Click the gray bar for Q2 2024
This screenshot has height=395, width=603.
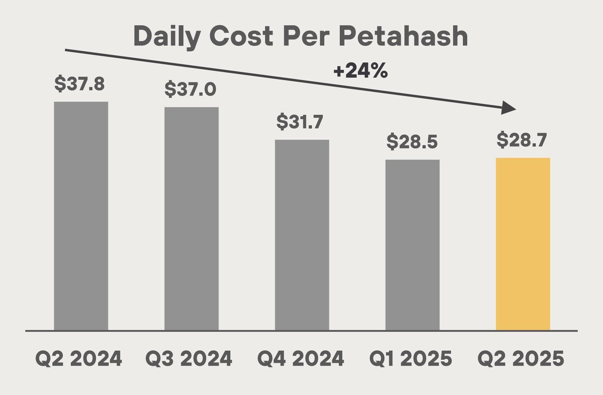(x=80, y=216)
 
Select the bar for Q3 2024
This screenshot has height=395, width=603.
(x=191, y=219)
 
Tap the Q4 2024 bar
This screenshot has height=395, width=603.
(x=302, y=235)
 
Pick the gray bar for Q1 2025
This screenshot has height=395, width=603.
(x=413, y=245)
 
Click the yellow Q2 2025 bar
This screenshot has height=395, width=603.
(x=523, y=244)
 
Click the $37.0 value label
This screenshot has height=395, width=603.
(x=190, y=89)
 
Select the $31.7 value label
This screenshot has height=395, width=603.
(x=301, y=122)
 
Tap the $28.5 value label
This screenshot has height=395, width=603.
(x=412, y=142)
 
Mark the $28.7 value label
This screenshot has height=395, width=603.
(x=523, y=140)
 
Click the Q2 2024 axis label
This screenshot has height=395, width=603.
(x=79, y=360)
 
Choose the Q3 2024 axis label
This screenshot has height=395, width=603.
(x=189, y=360)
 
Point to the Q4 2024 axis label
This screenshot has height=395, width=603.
(x=300, y=360)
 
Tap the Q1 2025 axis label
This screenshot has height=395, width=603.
(x=412, y=360)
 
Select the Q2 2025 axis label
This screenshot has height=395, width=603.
(x=522, y=360)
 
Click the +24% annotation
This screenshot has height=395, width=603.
(x=360, y=71)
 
